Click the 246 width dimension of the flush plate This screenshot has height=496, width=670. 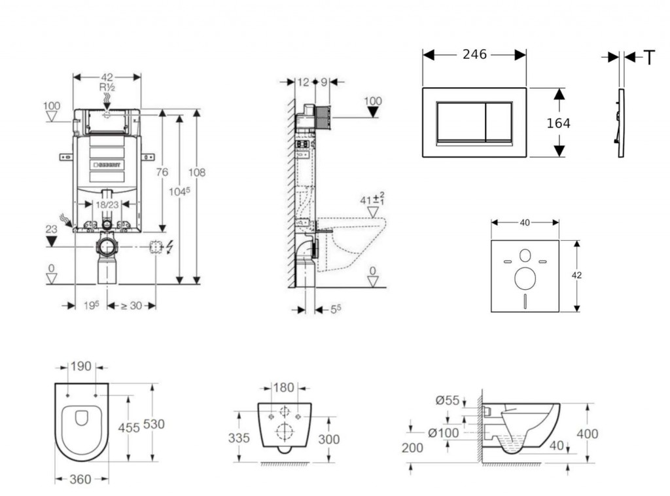[474, 55]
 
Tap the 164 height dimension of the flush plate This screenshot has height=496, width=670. [558, 123]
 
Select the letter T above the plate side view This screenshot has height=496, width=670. [649, 58]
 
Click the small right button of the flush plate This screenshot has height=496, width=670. [499, 122]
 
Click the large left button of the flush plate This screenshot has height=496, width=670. [461, 122]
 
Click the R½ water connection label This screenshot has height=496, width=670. [108, 86]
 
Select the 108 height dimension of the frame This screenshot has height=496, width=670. [196, 173]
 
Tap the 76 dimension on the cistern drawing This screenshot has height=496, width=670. [162, 172]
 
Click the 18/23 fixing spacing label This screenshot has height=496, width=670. [107, 204]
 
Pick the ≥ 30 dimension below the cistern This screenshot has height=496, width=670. [131, 306]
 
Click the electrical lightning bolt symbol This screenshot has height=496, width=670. [170, 247]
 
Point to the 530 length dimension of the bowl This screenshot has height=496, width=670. [154, 424]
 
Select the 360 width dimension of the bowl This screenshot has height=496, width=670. [80, 480]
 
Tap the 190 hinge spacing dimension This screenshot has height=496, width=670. [81, 367]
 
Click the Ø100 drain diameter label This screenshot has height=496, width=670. [444, 433]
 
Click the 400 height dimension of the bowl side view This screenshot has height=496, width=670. [588, 433]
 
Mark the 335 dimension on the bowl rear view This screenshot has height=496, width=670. [239, 438]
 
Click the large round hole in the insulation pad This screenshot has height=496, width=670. [525, 278]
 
